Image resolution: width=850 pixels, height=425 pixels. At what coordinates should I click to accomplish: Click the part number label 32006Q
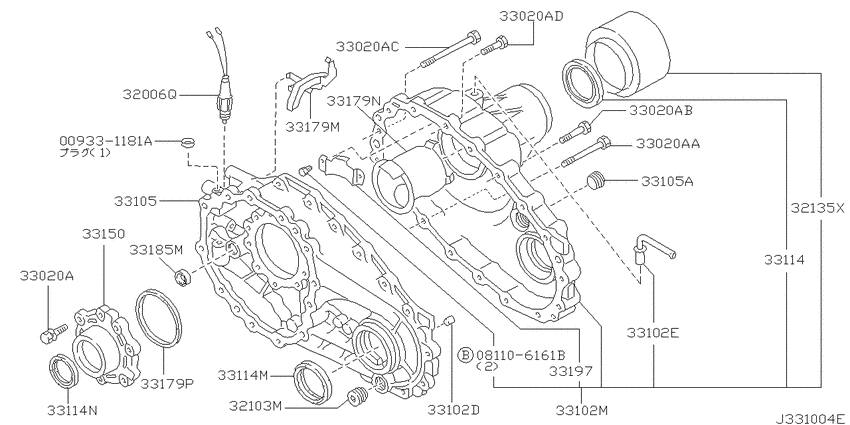pyautogui.click(x=150, y=94)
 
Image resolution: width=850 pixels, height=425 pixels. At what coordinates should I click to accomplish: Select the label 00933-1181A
pyautogui.click(x=105, y=142)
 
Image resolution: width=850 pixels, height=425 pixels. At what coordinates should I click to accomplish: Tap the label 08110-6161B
pyautogui.click(x=520, y=355)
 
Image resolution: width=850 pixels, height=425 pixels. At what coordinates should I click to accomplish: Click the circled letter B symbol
pyautogui.click(x=465, y=355)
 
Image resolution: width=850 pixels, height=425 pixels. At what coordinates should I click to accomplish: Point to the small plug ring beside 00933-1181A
pyautogui.click(x=185, y=143)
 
